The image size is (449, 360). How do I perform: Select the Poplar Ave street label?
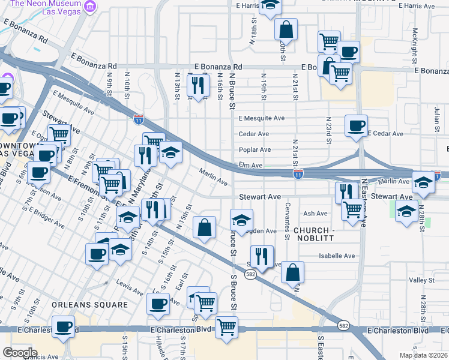pyautogui.click(x=255, y=149)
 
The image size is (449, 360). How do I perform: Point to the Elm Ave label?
pyautogui.click(x=250, y=165)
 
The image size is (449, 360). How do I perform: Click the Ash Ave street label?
pyautogui.click(x=315, y=213)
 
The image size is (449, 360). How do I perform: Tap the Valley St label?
pyautogui.click(x=421, y=280)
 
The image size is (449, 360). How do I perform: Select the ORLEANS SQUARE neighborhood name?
pyautogui.click(x=89, y=304)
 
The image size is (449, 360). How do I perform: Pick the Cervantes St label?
pyautogui.click(x=287, y=228)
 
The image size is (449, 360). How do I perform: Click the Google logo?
pyautogui.click(x=20, y=352)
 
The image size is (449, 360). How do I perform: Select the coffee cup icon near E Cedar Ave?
pyautogui.click(x=357, y=125)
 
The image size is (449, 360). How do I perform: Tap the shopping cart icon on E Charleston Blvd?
pyautogui.click(x=226, y=328)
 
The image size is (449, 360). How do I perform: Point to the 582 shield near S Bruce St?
pyautogui.click(x=250, y=274)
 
